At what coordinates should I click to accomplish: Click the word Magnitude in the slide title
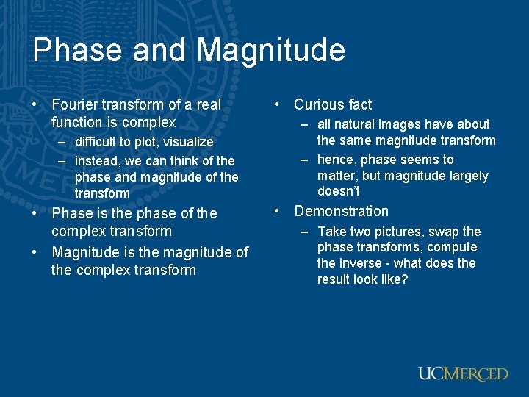(271, 50)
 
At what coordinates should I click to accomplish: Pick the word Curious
(320, 104)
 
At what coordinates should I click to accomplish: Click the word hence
(335, 160)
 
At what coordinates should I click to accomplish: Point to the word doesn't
(339, 191)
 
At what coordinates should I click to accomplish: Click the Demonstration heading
(342, 212)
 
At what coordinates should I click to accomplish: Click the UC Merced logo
(463, 373)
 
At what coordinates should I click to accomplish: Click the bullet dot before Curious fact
(277, 105)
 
